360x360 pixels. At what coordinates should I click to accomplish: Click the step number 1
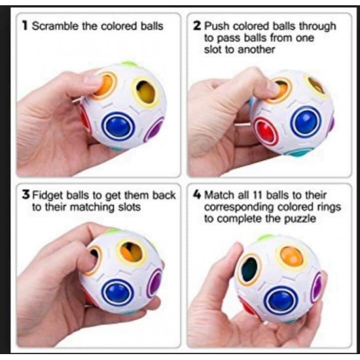coord(25,26)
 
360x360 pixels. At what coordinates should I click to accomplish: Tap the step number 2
coord(197,26)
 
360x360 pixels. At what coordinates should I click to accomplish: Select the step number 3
coord(26,195)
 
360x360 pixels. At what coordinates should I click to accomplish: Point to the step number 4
coord(197,195)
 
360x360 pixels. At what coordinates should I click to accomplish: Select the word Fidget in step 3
coord(48,196)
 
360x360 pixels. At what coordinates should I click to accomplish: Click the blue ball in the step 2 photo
coord(306,122)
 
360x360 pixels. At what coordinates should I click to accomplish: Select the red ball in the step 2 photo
coord(266,131)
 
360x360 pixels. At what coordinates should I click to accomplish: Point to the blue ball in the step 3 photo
coord(118,293)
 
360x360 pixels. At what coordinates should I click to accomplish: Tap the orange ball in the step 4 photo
coord(291,257)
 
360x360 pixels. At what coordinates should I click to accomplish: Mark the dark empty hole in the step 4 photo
coord(249,269)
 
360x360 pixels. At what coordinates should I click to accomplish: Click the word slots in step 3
coord(129,207)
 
